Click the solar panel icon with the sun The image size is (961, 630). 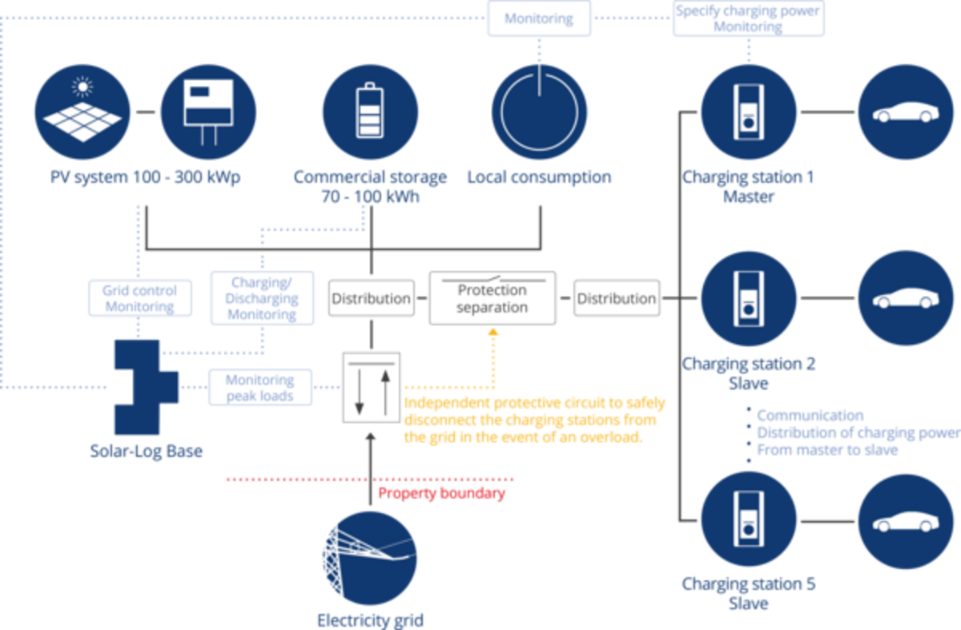pos(82,113)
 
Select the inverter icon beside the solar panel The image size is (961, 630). pos(208,113)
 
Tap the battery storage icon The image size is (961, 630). pos(370,113)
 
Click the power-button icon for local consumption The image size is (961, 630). pos(539,113)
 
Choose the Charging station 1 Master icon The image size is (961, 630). pos(748,113)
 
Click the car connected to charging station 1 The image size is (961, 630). pos(906,113)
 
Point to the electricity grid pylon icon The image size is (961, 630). pos(369,558)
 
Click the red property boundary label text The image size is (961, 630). pos(441,493)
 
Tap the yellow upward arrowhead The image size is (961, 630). pos(494,331)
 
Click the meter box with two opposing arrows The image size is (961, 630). pos(371,387)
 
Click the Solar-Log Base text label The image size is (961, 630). pos(146,452)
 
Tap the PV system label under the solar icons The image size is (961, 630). pos(144,177)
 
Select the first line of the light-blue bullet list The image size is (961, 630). pos(810,415)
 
